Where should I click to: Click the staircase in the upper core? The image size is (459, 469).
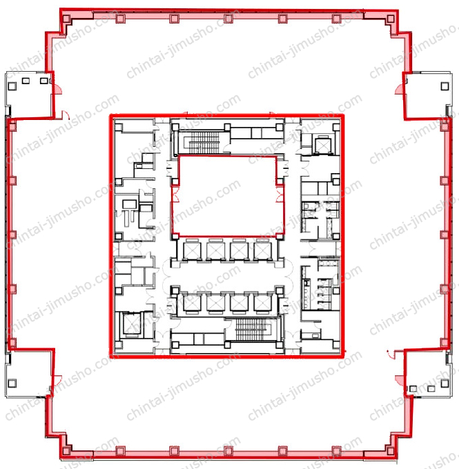[204, 142]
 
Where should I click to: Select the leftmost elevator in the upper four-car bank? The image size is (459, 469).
[192, 250]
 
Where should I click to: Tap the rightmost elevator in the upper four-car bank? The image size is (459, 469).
[262, 250]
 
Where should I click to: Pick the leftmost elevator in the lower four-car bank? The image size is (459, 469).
[192, 303]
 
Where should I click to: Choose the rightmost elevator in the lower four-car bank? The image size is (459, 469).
[262, 303]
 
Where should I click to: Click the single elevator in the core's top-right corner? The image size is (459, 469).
[322, 146]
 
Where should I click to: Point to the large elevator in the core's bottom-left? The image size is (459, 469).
[132, 323]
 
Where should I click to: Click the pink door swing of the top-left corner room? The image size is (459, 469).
[57, 89]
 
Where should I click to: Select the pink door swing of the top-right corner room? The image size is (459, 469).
[399, 90]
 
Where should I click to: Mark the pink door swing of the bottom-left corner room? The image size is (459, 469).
[57, 380]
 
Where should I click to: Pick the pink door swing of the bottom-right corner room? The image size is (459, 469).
[400, 380]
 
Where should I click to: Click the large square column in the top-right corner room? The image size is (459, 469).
[445, 86]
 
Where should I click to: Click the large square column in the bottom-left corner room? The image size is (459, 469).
[12, 383]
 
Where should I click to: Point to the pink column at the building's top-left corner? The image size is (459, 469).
[66, 19]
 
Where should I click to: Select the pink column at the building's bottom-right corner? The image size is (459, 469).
[390, 451]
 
